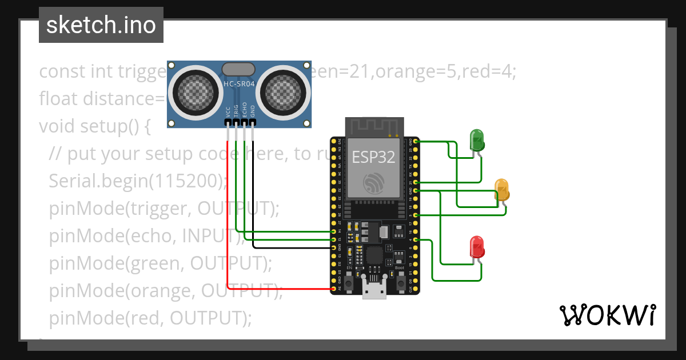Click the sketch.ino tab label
tap(101, 25)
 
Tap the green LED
tap(476, 139)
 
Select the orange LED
tap(501, 189)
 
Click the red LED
tap(477, 246)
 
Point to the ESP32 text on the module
tap(373, 157)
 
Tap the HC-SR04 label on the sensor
tap(239, 83)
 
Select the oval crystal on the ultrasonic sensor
tap(238, 69)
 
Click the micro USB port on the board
tap(374, 290)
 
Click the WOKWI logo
tap(607, 315)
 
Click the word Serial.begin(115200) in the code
tap(137, 181)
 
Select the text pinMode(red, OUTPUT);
tap(150, 317)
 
